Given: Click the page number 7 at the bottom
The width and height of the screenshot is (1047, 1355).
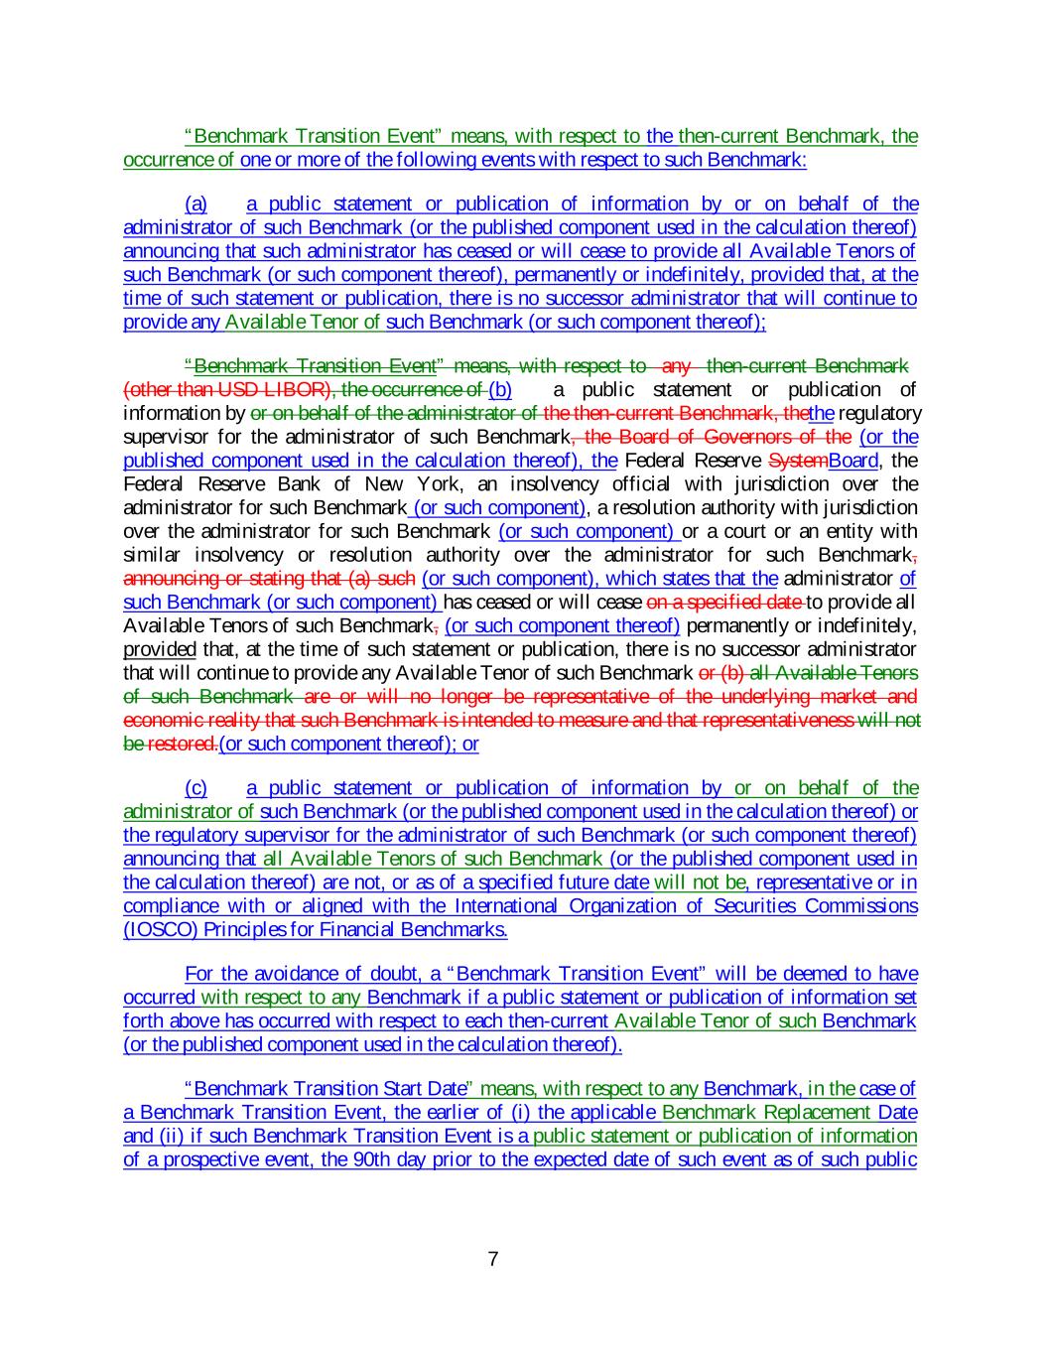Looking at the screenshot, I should [493, 1260].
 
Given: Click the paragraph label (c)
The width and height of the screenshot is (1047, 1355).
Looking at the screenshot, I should [196, 788].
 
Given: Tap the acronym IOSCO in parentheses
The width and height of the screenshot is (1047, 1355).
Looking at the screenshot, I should [153, 930].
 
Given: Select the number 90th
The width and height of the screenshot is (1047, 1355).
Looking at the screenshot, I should [371, 1159].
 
